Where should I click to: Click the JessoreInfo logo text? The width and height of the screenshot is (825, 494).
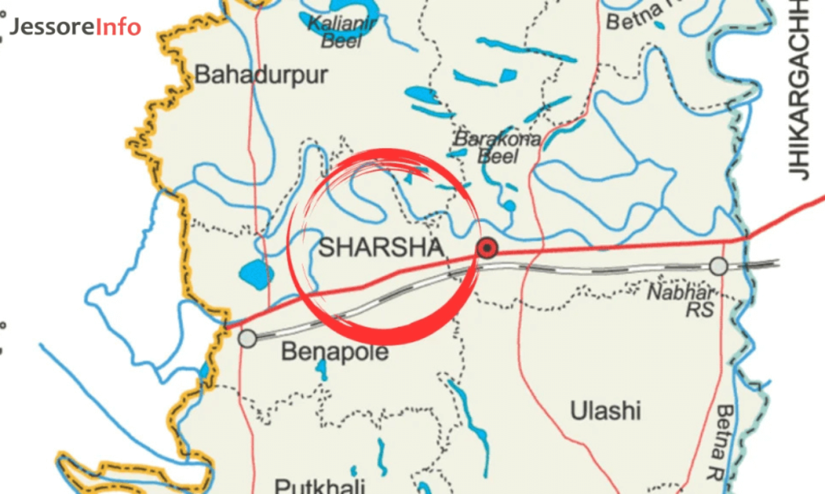pos(76,27)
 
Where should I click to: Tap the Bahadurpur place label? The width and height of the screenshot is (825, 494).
pos(262,76)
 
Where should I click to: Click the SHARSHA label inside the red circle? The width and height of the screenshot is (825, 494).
pos(381,247)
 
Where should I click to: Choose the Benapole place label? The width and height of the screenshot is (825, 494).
pos(334,352)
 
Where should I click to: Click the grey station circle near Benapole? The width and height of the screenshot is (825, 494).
pos(248,339)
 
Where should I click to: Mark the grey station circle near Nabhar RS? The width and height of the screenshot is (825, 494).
pos(719,266)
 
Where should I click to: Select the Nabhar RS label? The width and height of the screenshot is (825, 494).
pos(682,298)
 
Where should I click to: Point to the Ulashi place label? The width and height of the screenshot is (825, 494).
pos(605,411)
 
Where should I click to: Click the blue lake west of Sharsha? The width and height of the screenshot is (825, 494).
pos(255,275)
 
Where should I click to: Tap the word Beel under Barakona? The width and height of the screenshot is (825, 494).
pos(499,156)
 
